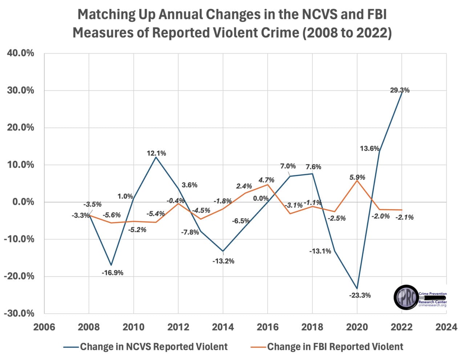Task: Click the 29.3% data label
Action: pos(400,90)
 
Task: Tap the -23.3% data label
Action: pos(360,295)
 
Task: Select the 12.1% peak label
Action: pos(156,153)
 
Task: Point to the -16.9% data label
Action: pos(112,273)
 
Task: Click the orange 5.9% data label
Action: pos(357,177)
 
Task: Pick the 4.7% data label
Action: pos(266,180)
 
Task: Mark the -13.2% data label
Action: pos(223,261)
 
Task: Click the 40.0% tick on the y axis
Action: pos(21,53)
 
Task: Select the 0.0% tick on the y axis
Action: pos(23,202)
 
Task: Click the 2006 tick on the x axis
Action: pos(44,327)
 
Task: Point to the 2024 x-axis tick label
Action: pos(446,327)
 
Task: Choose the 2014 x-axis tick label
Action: pos(223,327)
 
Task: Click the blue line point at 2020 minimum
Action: pos(357,289)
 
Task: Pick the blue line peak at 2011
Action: pos(156,157)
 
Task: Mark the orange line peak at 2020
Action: pos(357,180)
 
